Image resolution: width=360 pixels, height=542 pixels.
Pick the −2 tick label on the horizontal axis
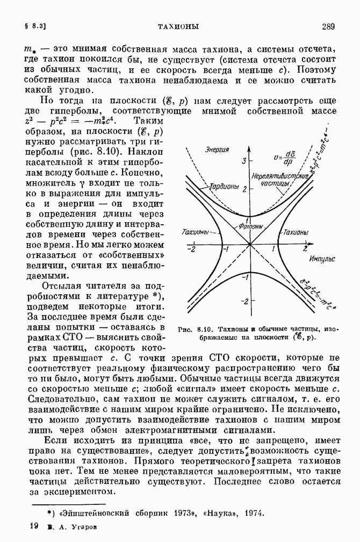point(190,250)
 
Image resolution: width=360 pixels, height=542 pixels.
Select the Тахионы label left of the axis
point(196,232)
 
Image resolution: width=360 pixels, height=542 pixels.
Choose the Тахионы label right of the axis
point(295,232)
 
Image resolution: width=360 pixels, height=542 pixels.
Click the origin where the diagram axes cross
point(250,245)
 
